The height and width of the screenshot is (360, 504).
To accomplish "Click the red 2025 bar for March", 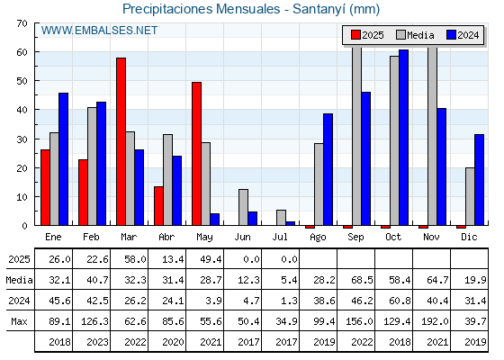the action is pyautogui.click(x=121, y=141).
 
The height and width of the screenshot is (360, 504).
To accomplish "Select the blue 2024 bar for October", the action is pyautogui.click(x=404, y=138).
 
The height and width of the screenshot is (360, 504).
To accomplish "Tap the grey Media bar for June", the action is pyautogui.click(x=243, y=207).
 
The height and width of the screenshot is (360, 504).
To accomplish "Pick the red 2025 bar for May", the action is pyautogui.click(x=197, y=154).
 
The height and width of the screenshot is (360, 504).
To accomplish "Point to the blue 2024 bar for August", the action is pyautogui.click(x=328, y=169).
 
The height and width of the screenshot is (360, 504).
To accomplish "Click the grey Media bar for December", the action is pyautogui.click(x=470, y=196).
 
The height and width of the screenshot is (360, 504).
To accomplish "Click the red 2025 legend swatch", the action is pyautogui.click(x=355, y=35).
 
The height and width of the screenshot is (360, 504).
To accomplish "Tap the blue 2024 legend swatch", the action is pyautogui.click(x=451, y=35).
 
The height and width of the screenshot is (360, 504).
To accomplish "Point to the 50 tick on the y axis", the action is pyautogui.click(x=22, y=81).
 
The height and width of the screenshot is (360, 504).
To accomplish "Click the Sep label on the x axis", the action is pyautogui.click(x=355, y=238).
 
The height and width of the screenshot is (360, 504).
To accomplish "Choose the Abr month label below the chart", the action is pyautogui.click(x=166, y=238).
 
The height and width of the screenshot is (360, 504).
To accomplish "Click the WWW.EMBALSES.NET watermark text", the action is pyautogui.click(x=99, y=31).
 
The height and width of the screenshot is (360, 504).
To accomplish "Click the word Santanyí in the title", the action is pyautogui.click(x=319, y=9).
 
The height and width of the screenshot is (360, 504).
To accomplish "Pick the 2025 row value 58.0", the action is pyautogui.click(x=135, y=259).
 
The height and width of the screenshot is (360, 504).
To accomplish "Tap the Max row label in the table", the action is pyautogui.click(x=19, y=321).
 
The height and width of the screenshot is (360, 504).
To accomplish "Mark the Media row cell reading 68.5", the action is pyautogui.click(x=362, y=280).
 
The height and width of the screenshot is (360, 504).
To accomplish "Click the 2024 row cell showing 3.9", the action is pyautogui.click(x=213, y=301).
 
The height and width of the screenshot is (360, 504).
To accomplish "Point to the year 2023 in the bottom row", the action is pyautogui.click(x=97, y=342).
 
